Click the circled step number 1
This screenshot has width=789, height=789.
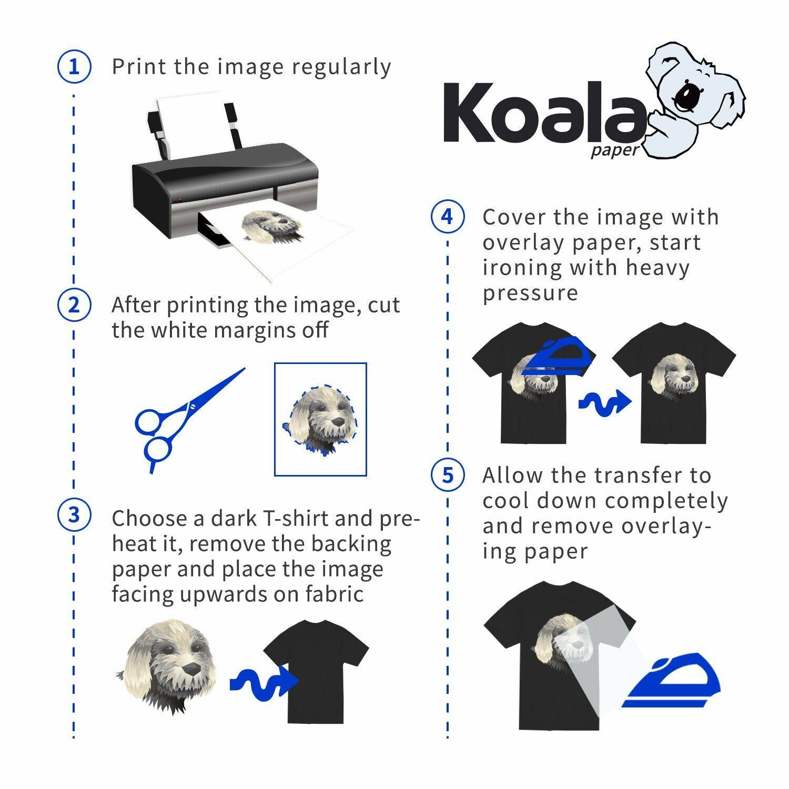[x=74, y=67]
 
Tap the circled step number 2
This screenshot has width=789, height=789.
[x=74, y=305]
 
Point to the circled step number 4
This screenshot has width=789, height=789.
[x=448, y=216]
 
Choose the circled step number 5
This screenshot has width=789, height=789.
[x=448, y=475]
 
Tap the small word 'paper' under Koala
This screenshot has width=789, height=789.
[x=614, y=151]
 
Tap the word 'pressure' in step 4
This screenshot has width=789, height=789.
[x=530, y=294]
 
